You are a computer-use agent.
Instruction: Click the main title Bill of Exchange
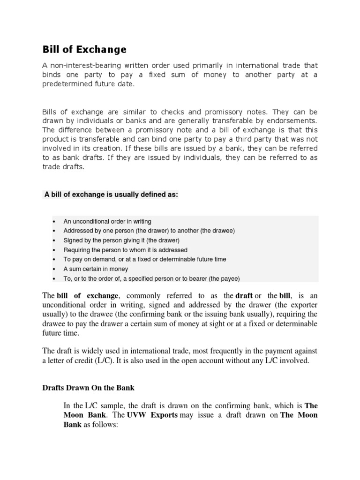click(84, 49)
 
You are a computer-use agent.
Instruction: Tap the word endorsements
click(294, 121)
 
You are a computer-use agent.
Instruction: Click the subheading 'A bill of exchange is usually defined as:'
click(111, 195)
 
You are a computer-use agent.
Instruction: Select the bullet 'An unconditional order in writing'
click(107, 221)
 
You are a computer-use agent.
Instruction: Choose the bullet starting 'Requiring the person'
click(125, 250)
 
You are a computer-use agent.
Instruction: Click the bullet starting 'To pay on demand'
click(145, 259)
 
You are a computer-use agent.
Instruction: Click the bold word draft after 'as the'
click(244, 295)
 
